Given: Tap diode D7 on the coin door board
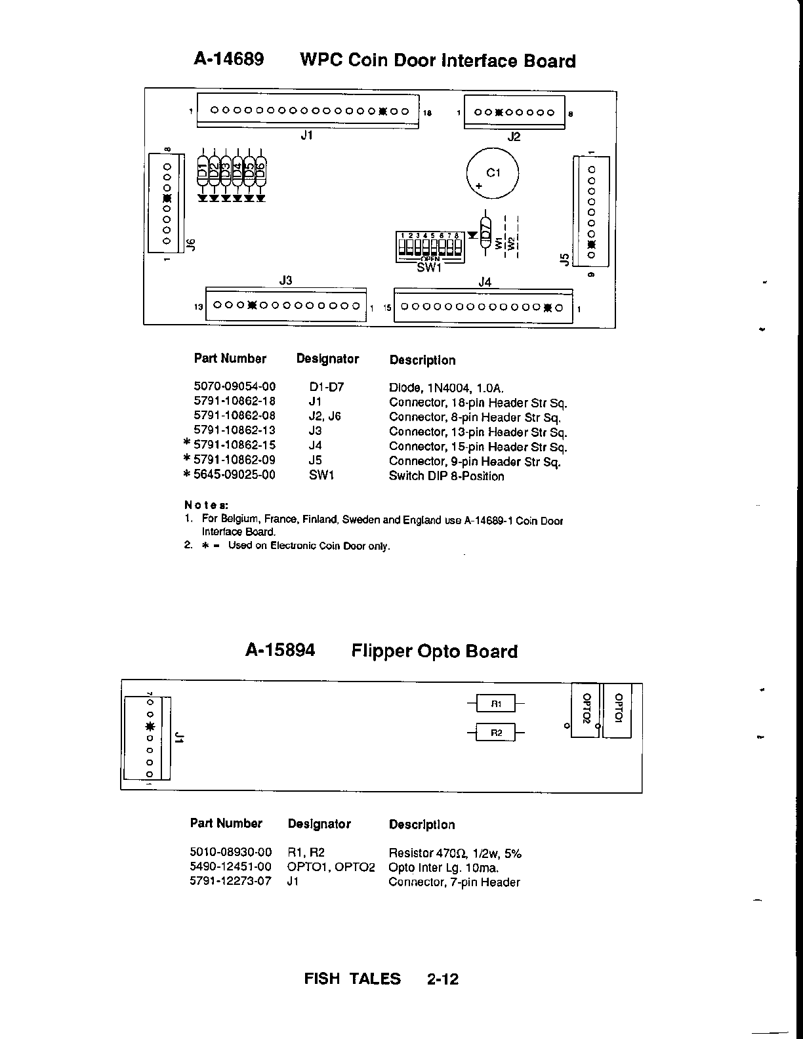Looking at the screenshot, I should tap(485, 232).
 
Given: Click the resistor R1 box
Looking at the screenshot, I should tap(496, 704).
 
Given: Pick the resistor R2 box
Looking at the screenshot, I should tap(496, 732).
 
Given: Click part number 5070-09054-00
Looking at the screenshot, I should tap(234, 386).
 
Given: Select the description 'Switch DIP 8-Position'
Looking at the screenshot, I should tap(446, 476).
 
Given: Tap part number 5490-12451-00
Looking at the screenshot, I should tap(230, 867).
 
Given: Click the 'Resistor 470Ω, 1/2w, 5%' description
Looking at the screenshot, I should tap(455, 853).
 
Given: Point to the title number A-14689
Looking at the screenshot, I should tap(229, 60).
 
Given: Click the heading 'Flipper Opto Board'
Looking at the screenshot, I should tap(434, 651).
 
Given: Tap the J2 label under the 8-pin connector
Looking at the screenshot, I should tap(514, 136).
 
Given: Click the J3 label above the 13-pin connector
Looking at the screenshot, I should tap(285, 280).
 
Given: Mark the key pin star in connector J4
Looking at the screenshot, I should tap(548, 307).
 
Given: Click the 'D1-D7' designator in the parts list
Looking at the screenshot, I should tap(326, 387).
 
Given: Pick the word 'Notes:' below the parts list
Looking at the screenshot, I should tap(206, 505).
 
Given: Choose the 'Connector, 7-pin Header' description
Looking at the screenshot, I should tap(454, 882).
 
